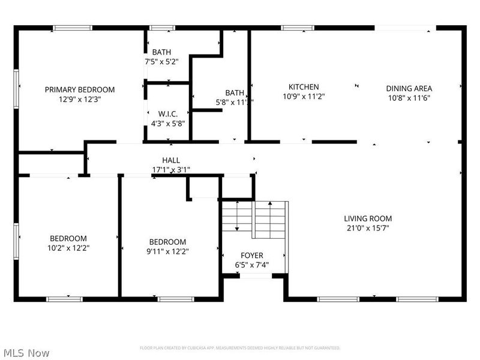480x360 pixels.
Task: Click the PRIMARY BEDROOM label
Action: tap(80, 89)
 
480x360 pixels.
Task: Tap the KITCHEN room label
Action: tap(304, 87)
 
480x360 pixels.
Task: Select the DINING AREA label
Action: tap(409, 89)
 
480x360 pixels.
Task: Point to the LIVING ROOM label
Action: tap(368, 218)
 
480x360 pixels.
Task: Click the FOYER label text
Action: tap(252, 256)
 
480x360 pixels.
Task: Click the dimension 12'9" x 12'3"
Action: tap(80, 100)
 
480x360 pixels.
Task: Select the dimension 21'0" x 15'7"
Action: tap(368, 229)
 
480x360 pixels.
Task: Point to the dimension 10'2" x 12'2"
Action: tap(69, 247)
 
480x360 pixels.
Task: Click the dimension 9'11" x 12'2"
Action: tap(167, 251)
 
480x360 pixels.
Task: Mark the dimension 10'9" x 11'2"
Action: tap(304, 97)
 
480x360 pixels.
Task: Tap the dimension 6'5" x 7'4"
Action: tap(252, 265)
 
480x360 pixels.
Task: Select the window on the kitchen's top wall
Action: tap(298, 28)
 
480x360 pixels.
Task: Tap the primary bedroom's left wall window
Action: tap(16, 88)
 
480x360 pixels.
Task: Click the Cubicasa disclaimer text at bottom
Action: tap(240, 348)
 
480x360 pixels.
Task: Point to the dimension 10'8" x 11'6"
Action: tap(409, 98)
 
